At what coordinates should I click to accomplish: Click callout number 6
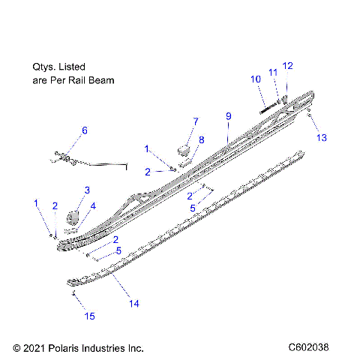(x=84, y=130)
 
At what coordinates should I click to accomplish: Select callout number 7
(x=196, y=121)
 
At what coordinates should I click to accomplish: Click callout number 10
(x=256, y=79)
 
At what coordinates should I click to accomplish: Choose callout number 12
(x=288, y=65)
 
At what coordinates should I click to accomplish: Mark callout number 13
(x=322, y=138)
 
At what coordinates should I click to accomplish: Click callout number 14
(x=134, y=304)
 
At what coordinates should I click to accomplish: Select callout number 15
(x=89, y=317)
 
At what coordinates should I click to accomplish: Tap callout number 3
(x=86, y=190)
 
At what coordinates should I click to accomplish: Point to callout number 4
(x=93, y=205)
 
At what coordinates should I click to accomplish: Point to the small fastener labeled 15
(x=73, y=294)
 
